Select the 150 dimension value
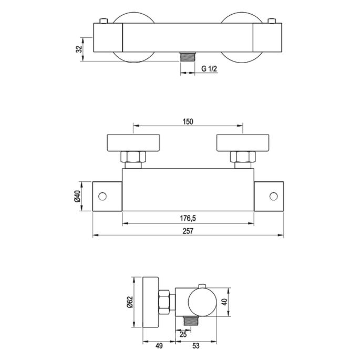pos(188,121)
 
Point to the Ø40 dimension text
pos(77,197)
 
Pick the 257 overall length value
pos(188,232)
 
